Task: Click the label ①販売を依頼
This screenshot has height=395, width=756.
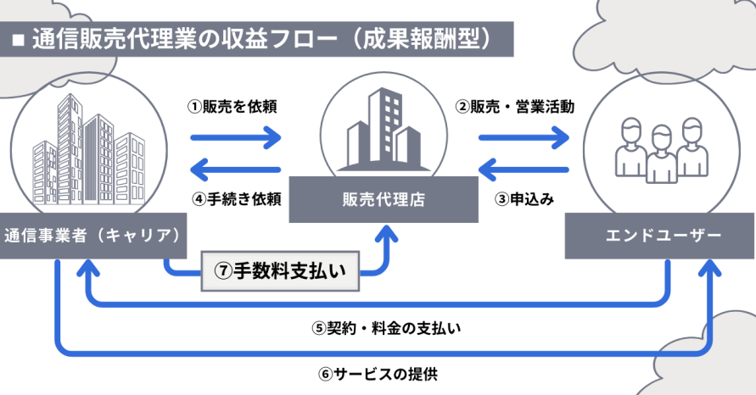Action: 232,107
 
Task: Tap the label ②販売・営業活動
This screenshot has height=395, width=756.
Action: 515,107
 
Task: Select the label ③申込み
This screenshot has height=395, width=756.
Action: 524,198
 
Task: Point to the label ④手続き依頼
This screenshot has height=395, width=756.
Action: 236,198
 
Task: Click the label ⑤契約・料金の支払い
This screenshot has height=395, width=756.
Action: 386,328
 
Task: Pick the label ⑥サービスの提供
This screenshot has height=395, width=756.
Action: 378,374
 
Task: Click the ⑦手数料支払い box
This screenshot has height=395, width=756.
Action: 280,271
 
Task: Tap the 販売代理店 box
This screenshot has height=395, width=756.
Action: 384,199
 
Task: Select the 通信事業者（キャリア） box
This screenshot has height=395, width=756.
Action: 93,236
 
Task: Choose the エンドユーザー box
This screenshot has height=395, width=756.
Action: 659,236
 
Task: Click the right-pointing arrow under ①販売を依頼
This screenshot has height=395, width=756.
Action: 236,138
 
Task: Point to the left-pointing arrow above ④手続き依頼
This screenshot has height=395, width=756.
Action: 236,170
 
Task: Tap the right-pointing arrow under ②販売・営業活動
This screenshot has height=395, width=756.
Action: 524,138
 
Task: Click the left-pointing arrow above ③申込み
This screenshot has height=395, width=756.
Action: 524,170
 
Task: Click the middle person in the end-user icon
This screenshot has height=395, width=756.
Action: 661,154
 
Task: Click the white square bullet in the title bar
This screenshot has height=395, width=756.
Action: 19,40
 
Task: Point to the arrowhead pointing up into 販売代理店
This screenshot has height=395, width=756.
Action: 386,233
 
